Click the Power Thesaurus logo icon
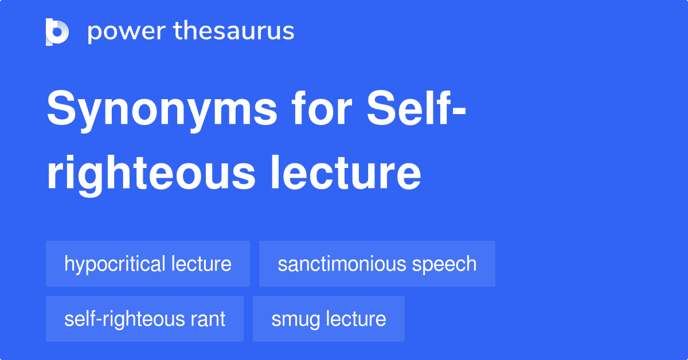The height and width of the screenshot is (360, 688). tap(57, 32)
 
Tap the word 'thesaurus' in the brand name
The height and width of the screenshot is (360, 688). tap(234, 32)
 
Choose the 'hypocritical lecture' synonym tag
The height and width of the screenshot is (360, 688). tap(148, 264)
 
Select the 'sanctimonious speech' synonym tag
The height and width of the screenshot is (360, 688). tap(377, 264)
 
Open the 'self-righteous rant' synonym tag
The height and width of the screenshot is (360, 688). tap(144, 319)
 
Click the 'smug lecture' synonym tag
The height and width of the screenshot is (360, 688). tap(329, 319)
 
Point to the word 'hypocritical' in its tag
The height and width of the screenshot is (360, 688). tap(115, 264)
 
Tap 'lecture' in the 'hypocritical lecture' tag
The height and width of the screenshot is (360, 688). tap(201, 264)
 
